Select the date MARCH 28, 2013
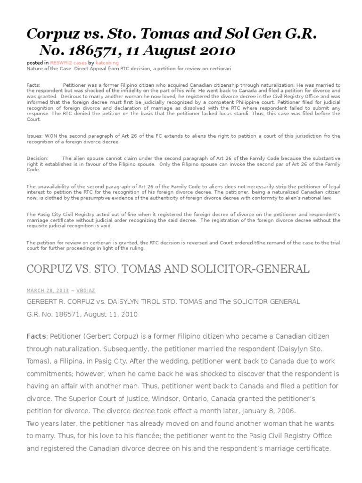click(x=47, y=291)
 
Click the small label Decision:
click(x=37, y=158)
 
